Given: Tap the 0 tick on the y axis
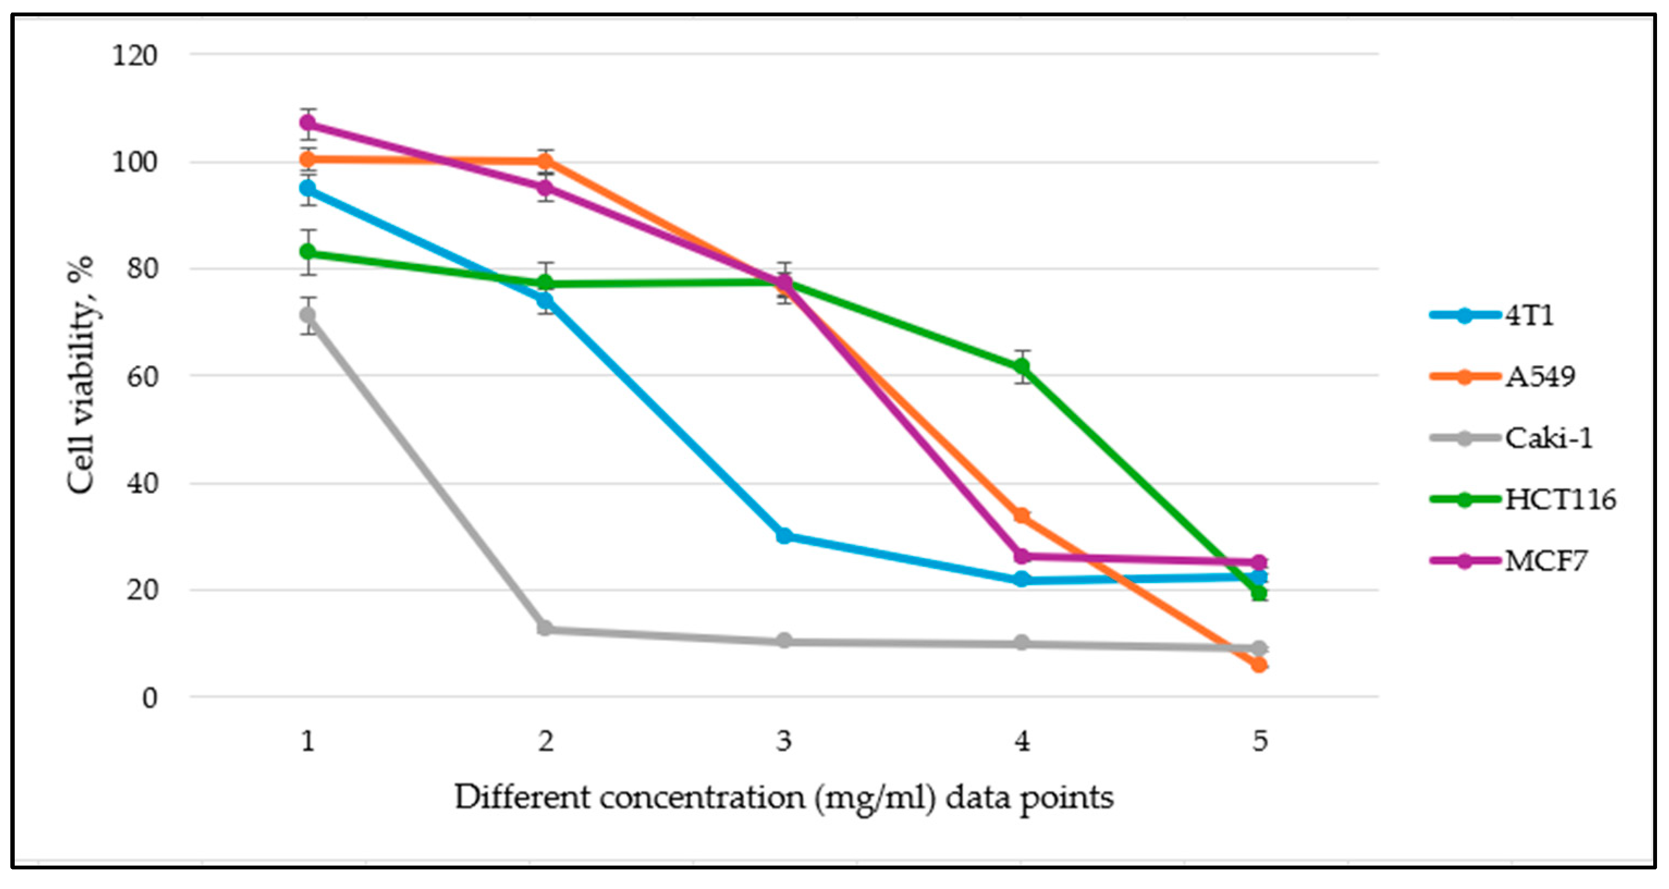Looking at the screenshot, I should click(x=150, y=698).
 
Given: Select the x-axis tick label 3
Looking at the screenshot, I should click(x=784, y=740).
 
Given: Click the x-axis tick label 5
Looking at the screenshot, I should click(x=1260, y=740).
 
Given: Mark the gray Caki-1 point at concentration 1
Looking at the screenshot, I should click(x=308, y=315).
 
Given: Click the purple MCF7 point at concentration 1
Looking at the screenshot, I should click(x=308, y=122).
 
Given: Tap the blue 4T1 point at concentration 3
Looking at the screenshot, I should click(x=784, y=536).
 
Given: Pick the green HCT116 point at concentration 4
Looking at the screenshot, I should click(x=1022, y=367).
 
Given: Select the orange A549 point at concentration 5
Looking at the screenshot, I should click(x=1259, y=665).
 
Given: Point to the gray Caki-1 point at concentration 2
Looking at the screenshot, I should click(x=545, y=629).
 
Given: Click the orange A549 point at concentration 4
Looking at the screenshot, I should click(x=1022, y=516).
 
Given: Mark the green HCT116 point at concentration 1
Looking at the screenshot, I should click(x=308, y=252).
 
